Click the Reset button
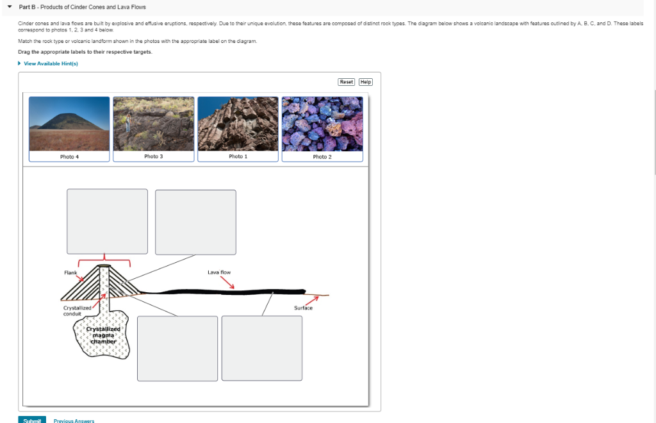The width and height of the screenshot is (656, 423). coord(346,82)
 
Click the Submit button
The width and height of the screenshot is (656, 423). coord(31,420)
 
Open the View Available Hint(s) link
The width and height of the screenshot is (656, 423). coord(51,63)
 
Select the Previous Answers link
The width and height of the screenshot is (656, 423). coord(75,421)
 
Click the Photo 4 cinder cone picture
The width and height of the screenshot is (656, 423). coord(69,123)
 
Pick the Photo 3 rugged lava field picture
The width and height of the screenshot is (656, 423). coord(153,123)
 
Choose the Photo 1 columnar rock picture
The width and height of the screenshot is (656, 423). coord(238,123)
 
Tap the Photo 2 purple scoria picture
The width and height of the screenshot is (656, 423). coord(322,123)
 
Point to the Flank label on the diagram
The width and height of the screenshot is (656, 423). coord(70,273)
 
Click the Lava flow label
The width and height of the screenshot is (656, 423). coord(219,272)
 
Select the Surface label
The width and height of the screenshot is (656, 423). coord(303,308)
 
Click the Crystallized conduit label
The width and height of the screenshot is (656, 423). coord(77,311)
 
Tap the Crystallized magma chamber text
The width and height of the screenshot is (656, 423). coord(102,335)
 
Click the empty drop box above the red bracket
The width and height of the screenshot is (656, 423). coord(107,221)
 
